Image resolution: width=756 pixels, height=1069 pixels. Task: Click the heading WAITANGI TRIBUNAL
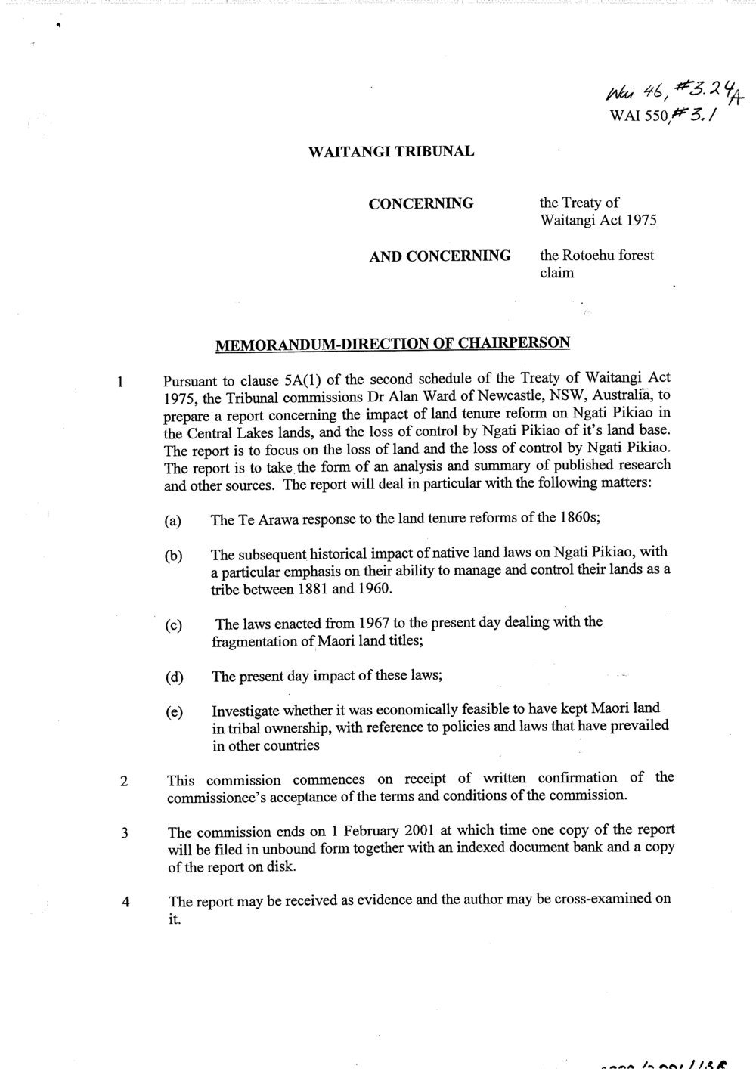pyautogui.click(x=392, y=151)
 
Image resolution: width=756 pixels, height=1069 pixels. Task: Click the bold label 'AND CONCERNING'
pyautogui.click(x=439, y=256)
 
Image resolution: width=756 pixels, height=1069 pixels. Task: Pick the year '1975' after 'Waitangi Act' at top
pyautogui.click(x=640, y=221)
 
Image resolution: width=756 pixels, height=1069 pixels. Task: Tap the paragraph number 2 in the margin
pyautogui.click(x=123, y=782)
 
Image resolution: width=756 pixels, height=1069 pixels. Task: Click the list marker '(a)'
pyautogui.click(x=174, y=521)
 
